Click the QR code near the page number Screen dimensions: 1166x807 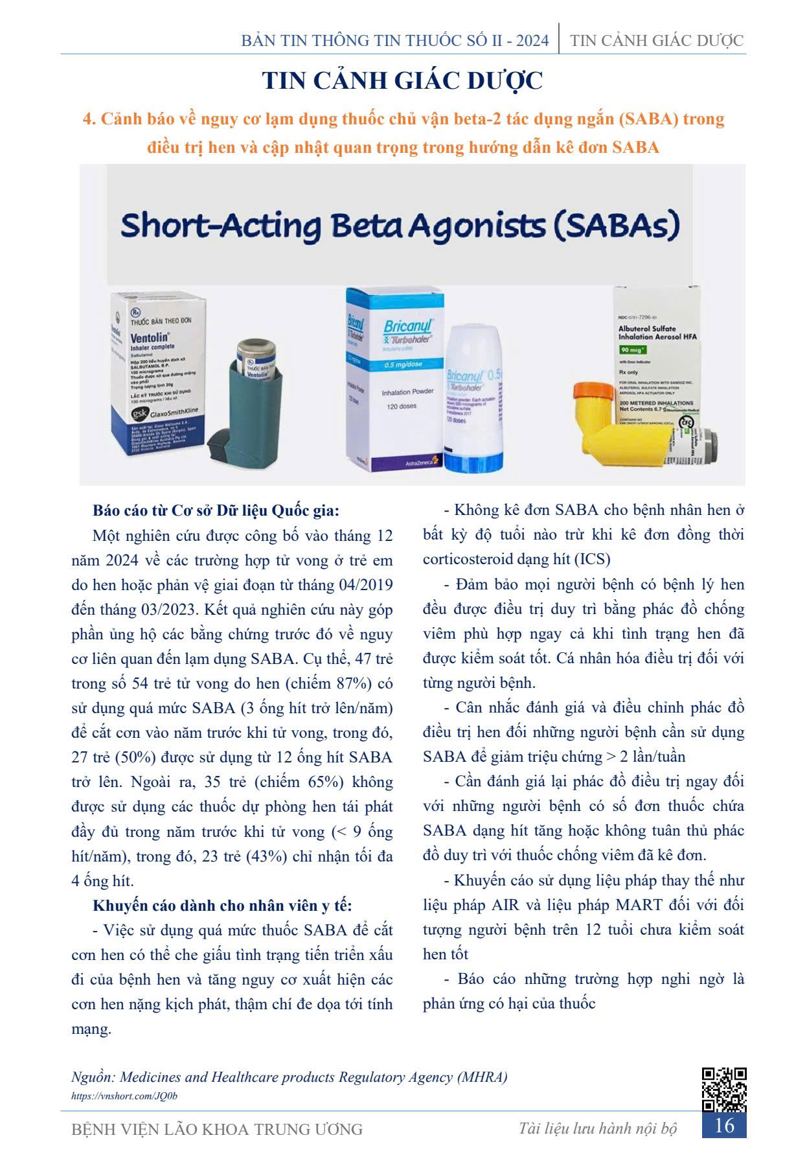(724, 1090)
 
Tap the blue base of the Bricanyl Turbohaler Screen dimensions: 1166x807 (473, 461)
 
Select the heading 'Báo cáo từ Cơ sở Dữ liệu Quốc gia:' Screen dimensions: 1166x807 (216, 510)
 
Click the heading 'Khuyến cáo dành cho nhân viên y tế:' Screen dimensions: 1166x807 (222, 906)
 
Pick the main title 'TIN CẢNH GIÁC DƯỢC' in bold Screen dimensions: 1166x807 (402, 81)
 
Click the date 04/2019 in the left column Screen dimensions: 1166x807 (366, 585)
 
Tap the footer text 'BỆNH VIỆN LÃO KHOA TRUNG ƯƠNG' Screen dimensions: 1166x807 (217, 1129)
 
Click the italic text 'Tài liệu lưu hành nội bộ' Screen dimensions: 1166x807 (597, 1128)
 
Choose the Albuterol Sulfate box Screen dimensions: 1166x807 (655, 363)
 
